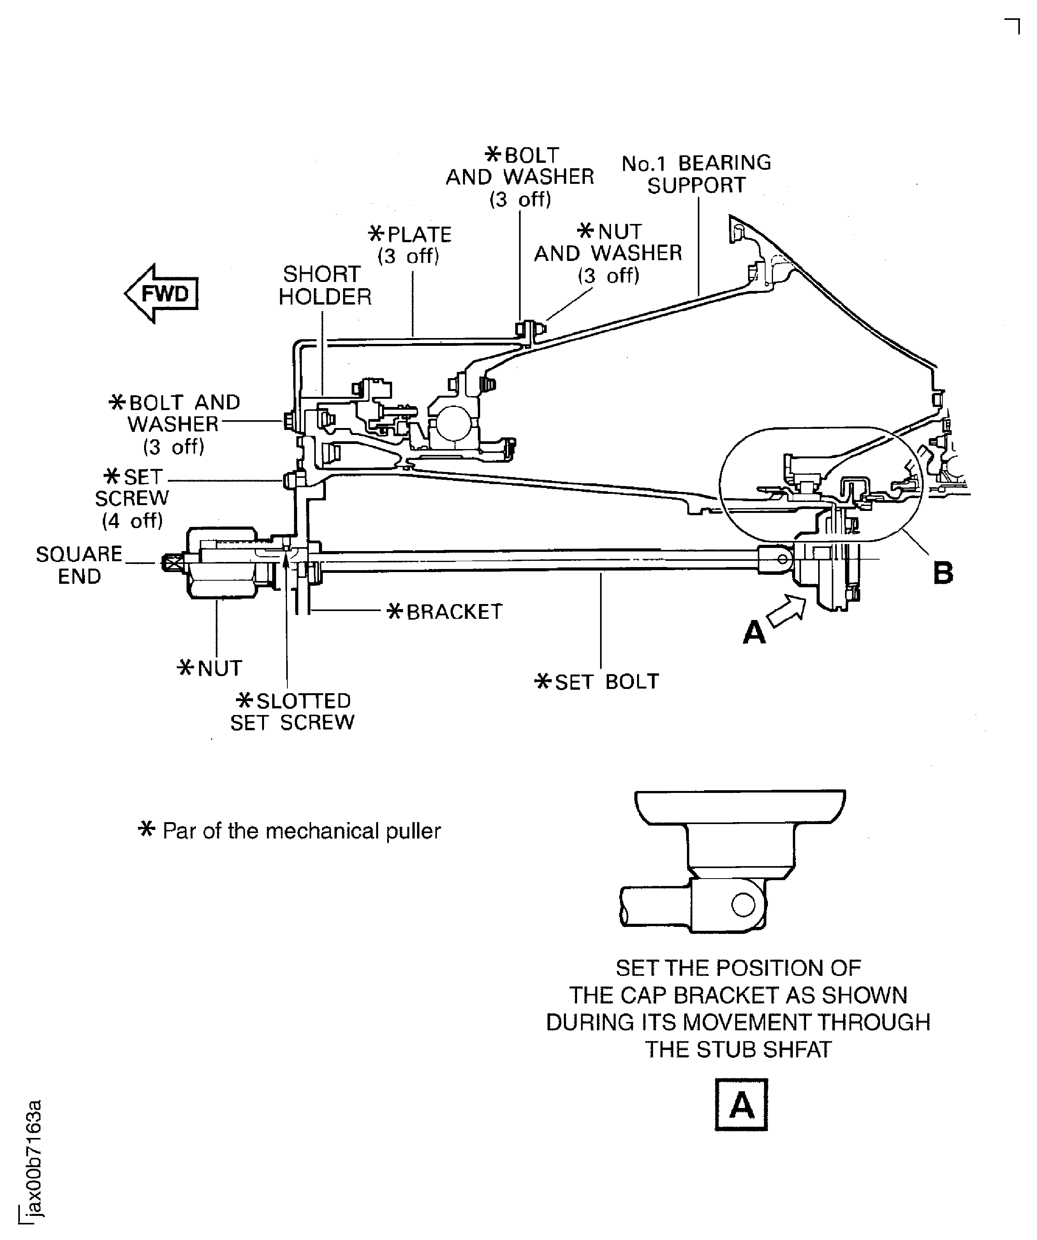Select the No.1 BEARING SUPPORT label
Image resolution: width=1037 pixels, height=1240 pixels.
coord(696,174)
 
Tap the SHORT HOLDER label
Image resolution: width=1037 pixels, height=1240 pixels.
coord(324,285)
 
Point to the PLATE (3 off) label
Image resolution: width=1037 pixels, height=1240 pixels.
coord(410,245)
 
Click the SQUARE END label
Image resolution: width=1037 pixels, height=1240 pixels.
coord(79,565)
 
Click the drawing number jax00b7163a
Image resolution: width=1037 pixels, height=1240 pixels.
coord(35,1158)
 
